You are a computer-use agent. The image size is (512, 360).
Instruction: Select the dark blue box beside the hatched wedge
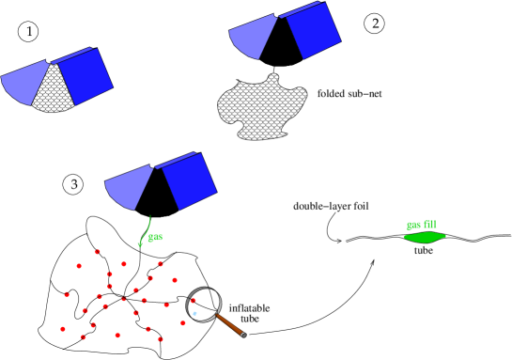tap(85, 75)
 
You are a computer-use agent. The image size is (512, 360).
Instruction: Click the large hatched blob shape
tap(260, 107)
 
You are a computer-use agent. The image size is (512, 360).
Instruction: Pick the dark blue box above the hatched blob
tap(313, 30)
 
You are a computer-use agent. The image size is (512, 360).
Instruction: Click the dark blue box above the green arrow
tap(189, 180)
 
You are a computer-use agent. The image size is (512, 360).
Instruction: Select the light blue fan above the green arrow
tap(128, 187)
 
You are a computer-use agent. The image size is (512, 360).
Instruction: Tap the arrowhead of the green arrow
tap(140, 243)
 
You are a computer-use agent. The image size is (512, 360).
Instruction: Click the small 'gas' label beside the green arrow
tap(155, 237)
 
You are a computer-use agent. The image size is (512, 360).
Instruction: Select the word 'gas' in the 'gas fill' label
tap(413, 225)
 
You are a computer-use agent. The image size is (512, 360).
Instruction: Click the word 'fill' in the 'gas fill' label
tap(430, 225)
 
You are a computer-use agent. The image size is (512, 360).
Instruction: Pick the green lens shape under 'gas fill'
tap(425, 237)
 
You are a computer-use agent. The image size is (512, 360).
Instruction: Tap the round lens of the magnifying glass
tap(203, 304)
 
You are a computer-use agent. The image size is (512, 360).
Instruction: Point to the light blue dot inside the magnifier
tap(194, 313)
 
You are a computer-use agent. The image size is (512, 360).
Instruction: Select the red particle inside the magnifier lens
tap(194, 301)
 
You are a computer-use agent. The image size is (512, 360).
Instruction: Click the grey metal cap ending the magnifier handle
tap(243, 335)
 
